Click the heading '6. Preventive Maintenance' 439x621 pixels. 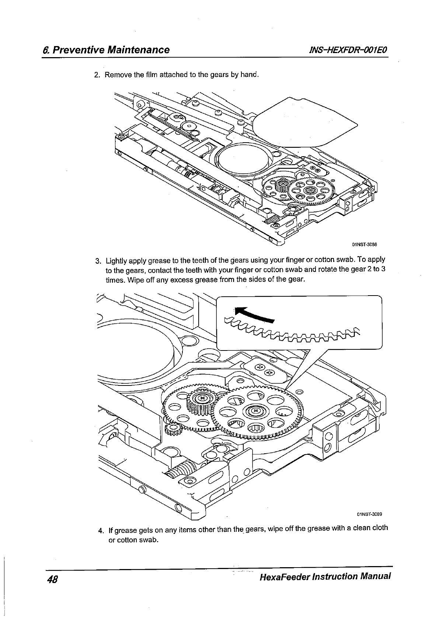point(106,50)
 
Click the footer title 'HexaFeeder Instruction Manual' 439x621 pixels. point(325,576)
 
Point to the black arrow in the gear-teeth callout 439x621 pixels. point(254,314)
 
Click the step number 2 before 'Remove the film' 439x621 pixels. point(97,76)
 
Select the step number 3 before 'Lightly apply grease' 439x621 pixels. point(97,261)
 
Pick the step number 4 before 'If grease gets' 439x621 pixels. point(100,531)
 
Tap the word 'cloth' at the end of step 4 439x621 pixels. point(379,527)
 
